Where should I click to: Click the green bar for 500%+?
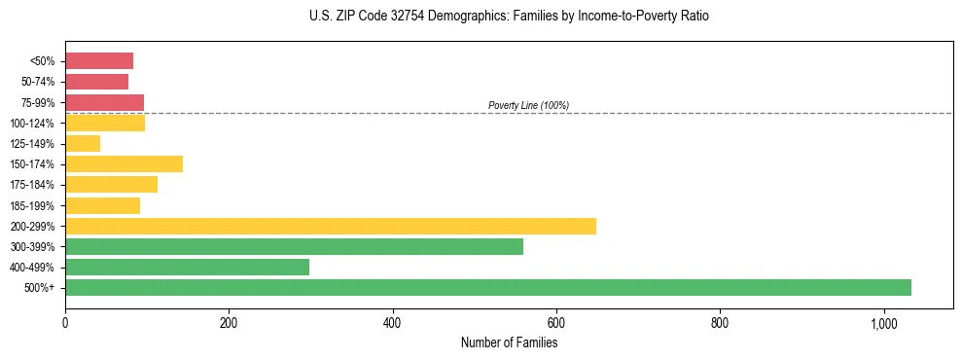click(x=487, y=288)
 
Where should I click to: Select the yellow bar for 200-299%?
click(x=330, y=227)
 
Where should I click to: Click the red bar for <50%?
click(x=98, y=61)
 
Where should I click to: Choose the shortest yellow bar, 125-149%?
click(x=83, y=144)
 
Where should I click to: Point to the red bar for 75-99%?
click(x=104, y=102)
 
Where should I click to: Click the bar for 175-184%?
click(x=111, y=185)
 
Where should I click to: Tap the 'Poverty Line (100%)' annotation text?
click(x=528, y=105)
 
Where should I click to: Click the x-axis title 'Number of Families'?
click(x=509, y=342)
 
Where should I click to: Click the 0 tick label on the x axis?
click(x=65, y=322)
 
